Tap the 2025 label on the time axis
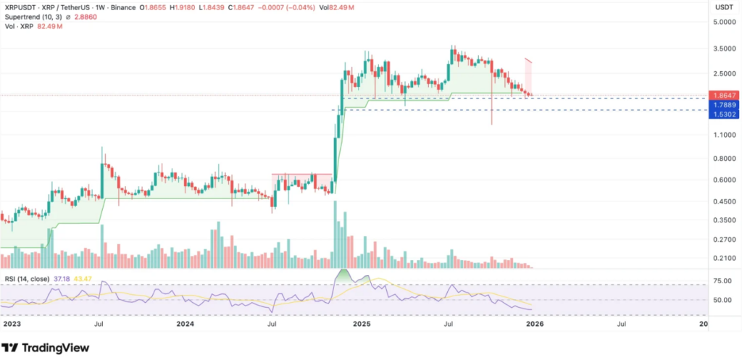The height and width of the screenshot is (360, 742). (x=363, y=325)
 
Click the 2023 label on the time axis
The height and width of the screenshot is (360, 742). (x=12, y=325)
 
